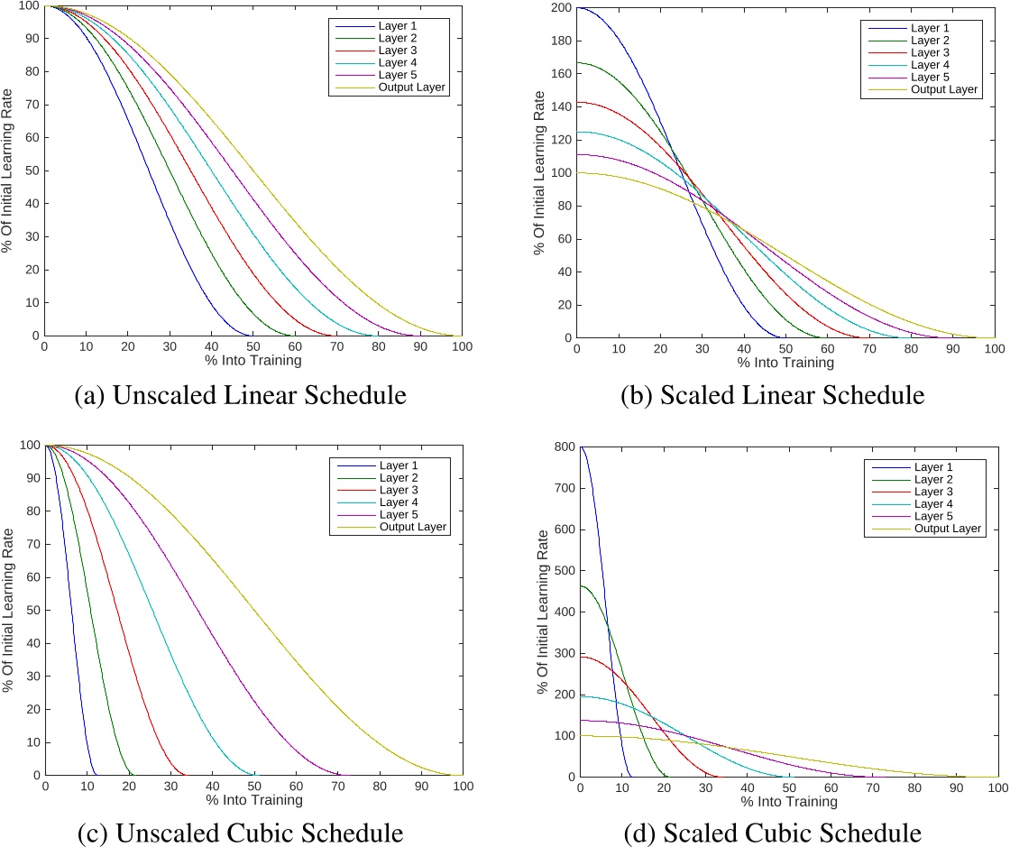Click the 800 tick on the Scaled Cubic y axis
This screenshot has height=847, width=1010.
563,447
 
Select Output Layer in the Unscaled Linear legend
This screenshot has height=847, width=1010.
411,87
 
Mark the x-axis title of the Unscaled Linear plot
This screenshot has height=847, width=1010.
253,361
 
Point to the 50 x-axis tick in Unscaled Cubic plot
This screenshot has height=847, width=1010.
253,787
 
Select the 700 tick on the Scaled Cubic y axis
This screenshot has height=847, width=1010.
563,488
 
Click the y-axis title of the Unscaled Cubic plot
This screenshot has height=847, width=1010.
8,611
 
